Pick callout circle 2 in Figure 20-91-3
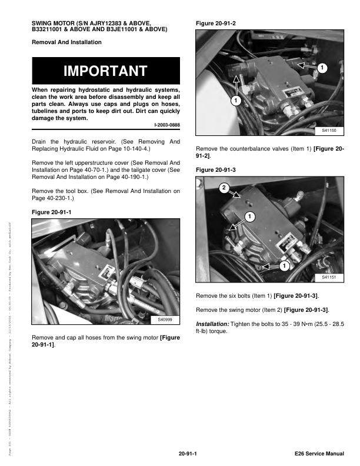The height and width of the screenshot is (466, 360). (x=224, y=188)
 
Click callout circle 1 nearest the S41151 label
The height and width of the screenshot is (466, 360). (x=284, y=266)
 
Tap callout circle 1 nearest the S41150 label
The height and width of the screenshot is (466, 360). (x=321, y=68)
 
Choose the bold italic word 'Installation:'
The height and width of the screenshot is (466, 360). (x=214, y=324)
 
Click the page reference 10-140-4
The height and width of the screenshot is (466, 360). (x=132, y=149)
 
